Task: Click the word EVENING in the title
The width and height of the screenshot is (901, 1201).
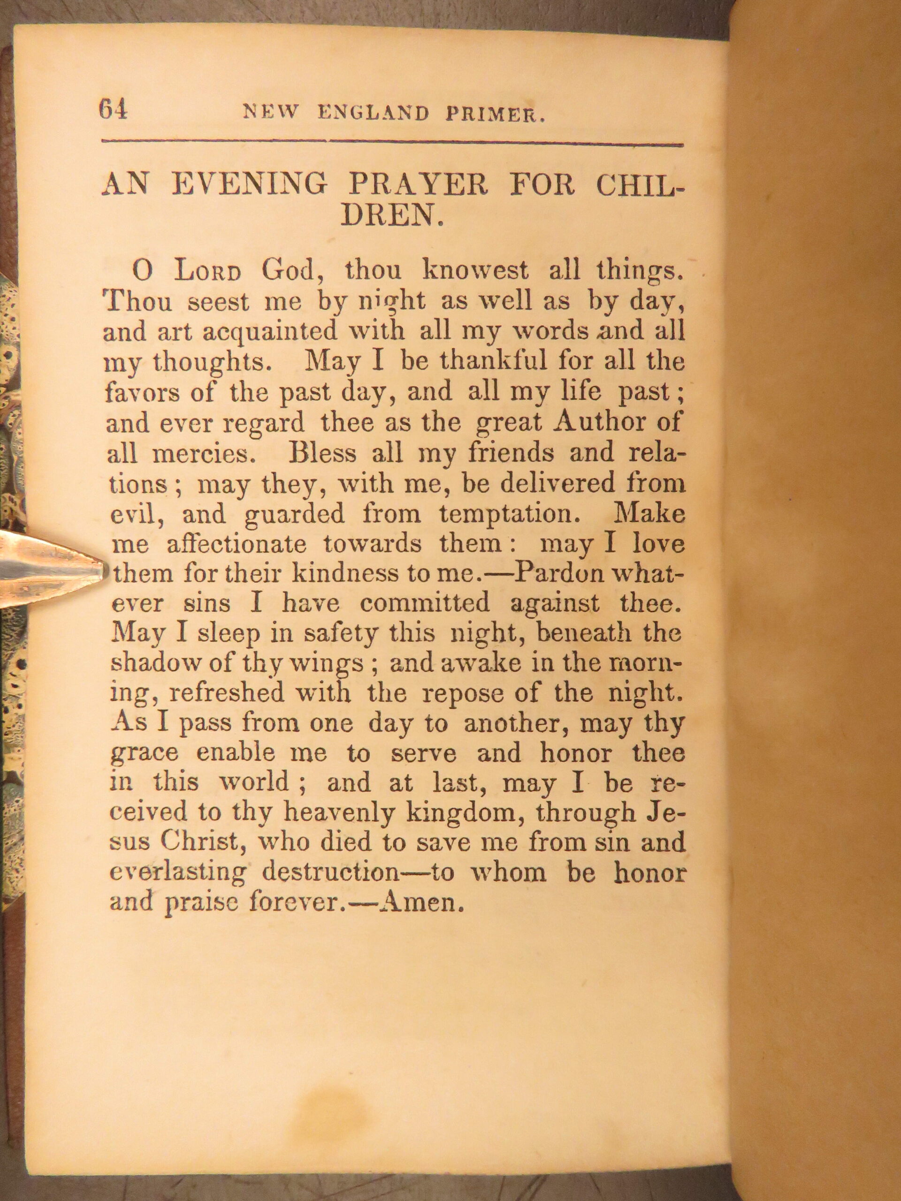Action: pos(249,185)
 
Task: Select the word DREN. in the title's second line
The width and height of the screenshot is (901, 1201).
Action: pos(393,216)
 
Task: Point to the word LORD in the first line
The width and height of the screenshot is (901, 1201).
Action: pos(207,271)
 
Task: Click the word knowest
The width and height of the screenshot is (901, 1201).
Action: pos(475,270)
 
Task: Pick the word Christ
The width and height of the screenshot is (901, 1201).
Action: pos(199,842)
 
